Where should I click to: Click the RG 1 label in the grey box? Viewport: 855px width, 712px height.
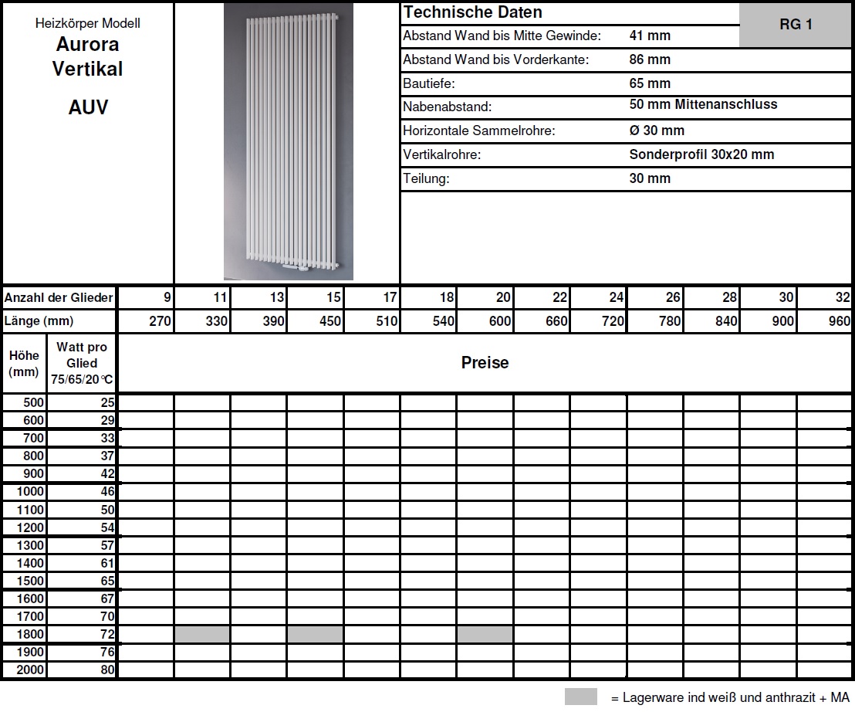click(796, 25)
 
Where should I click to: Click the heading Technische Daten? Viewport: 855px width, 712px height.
click(472, 12)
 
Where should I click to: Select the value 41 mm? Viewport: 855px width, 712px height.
click(650, 36)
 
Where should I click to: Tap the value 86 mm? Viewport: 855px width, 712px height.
click(650, 59)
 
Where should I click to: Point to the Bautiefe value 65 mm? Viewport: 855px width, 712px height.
click(650, 83)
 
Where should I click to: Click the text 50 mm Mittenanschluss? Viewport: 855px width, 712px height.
click(703, 104)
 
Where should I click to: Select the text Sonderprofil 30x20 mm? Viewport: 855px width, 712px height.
click(701, 154)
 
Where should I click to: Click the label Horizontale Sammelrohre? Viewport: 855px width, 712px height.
click(478, 131)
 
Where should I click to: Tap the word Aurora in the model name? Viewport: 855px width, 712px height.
click(88, 44)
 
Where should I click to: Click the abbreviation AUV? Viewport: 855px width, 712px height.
click(88, 107)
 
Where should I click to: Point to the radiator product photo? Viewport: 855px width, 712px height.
click(288, 141)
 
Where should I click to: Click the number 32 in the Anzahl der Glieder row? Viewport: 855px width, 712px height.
click(843, 298)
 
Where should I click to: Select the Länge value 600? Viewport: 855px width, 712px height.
click(500, 321)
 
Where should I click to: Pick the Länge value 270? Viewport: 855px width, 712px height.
click(160, 321)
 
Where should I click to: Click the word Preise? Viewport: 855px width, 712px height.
click(485, 363)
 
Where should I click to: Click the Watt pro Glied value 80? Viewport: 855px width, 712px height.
click(107, 670)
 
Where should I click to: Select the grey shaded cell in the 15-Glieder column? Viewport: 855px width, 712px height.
click(315, 635)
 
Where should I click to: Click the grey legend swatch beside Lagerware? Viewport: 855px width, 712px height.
click(580, 697)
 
